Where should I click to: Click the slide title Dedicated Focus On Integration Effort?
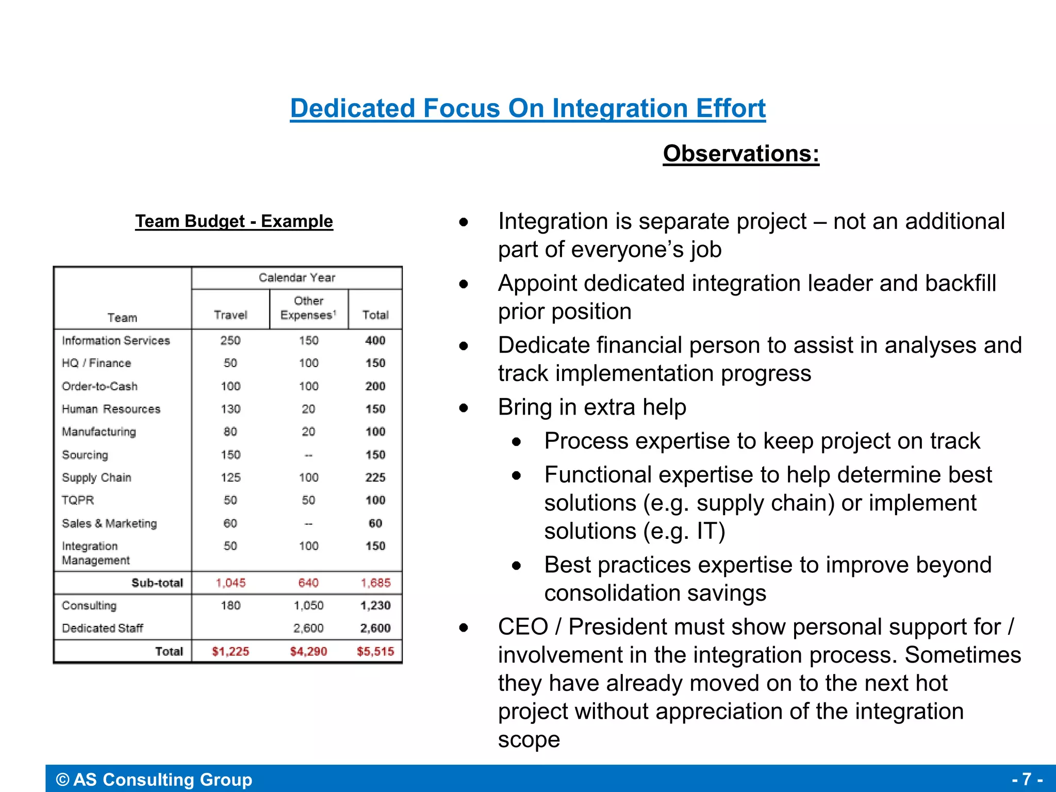coord(527,108)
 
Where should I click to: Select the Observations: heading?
coord(741,154)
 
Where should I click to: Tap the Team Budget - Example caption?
coord(234,221)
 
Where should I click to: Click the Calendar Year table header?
coord(297,278)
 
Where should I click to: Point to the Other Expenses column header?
coord(308,308)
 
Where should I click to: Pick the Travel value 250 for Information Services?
coord(230,341)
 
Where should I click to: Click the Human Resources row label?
coord(111,409)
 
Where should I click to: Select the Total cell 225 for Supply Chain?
coord(375,478)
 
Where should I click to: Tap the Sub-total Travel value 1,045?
coord(230,583)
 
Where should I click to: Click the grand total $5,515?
coord(375,652)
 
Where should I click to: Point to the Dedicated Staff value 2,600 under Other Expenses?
coord(308,629)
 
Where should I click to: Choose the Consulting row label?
coord(89,606)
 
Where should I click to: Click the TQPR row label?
coord(78,501)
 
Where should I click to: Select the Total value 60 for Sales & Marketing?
coord(375,524)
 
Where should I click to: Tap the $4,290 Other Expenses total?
coord(308,652)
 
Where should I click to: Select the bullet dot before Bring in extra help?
coord(464,408)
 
